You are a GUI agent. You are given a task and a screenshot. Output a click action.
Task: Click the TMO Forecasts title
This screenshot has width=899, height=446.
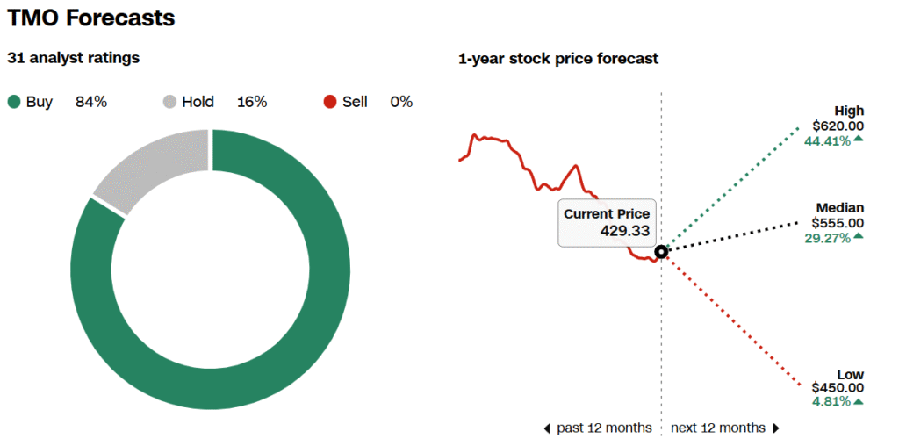click(x=91, y=18)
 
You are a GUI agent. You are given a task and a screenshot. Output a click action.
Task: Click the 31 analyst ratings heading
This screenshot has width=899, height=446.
click(x=74, y=58)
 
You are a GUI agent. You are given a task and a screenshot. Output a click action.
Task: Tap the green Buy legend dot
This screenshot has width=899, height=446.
click(x=14, y=103)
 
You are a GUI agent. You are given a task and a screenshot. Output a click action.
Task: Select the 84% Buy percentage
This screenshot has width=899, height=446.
click(x=91, y=103)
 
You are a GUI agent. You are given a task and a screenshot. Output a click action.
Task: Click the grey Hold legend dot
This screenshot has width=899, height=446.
click(x=169, y=103)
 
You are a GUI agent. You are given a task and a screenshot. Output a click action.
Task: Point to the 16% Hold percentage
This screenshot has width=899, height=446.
click(x=252, y=103)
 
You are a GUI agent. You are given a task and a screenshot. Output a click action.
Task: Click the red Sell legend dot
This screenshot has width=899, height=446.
click(x=330, y=103)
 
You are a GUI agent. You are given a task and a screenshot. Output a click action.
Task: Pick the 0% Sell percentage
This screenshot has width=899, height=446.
click(x=401, y=103)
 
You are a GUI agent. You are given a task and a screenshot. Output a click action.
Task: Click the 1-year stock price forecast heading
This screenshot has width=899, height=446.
click(x=558, y=59)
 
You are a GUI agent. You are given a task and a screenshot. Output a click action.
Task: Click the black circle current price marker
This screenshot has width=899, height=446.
click(x=661, y=252)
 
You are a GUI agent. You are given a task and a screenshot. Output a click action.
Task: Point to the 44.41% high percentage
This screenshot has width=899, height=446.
click(x=827, y=140)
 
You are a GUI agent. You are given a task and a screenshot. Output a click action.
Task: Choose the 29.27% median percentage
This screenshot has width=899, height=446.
click(x=827, y=238)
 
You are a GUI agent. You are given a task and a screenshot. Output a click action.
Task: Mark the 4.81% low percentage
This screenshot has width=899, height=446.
click(x=831, y=402)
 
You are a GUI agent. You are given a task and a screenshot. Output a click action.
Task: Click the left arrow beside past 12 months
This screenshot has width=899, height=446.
click(x=547, y=428)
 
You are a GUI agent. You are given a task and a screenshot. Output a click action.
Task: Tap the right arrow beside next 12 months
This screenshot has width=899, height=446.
click(x=776, y=428)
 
